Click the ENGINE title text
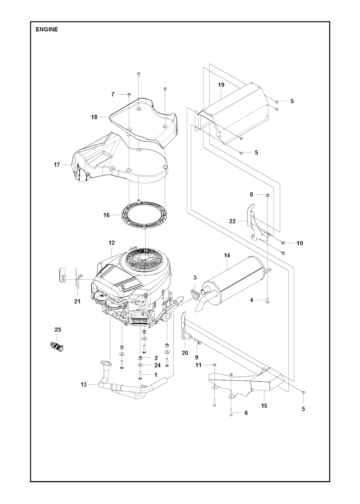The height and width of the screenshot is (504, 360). [x=46, y=30]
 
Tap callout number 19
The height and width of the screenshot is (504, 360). [x=221, y=85]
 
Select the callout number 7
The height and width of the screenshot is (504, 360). [x=113, y=94]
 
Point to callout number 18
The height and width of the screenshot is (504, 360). [x=94, y=117]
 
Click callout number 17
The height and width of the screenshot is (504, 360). [x=57, y=165]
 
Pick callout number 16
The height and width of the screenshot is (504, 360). [x=107, y=215]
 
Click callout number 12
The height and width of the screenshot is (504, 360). [x=111, y=243]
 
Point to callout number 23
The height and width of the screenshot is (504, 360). [x=58, y=330]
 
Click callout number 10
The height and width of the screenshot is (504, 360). [x=300, y=243]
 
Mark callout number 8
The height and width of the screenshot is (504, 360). [x=251, y=194]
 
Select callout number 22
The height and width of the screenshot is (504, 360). [x=232, y=221]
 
